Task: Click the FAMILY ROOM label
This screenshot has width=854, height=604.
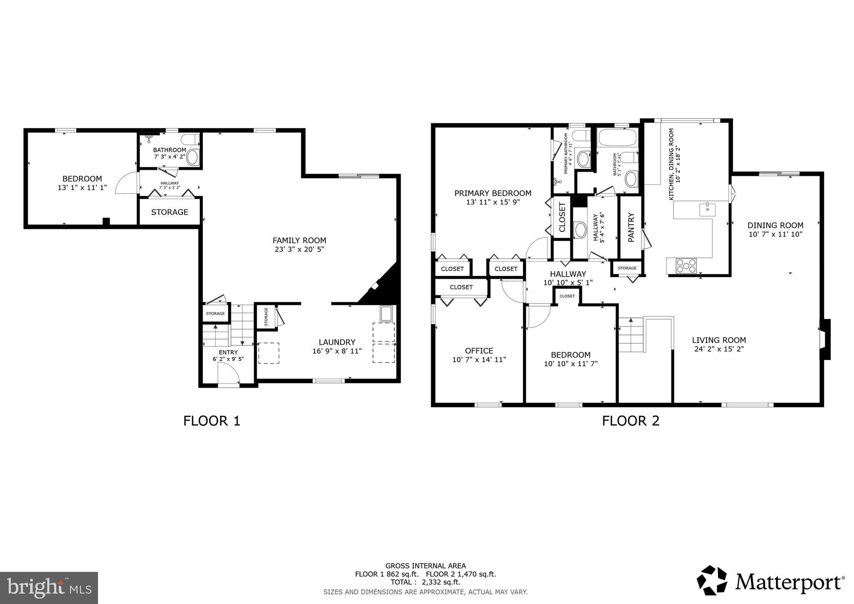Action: [299, 240]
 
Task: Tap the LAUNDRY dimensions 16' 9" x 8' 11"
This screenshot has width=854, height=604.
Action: [337, 351]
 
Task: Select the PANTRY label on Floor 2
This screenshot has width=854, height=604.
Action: [630, 227]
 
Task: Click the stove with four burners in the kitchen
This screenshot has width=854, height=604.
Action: [686, 266]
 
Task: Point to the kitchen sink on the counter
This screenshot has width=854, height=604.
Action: [707, 209]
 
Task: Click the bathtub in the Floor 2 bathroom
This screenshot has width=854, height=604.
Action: [617, 137]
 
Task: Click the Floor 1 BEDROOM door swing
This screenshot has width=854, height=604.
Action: [126, 184]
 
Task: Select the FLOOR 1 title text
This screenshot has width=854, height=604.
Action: [212, 421]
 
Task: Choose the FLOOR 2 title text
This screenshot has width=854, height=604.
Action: [630, 421]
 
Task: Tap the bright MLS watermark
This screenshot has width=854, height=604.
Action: [49, 588]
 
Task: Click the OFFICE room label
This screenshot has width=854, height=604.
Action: [479, 351]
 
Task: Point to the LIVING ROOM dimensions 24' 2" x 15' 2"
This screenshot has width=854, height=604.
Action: [719, 349]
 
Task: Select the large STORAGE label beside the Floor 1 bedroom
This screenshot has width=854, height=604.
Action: [169, 212]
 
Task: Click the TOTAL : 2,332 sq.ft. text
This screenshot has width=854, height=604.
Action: [425, 582]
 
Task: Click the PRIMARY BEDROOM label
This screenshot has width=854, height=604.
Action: [492, 193]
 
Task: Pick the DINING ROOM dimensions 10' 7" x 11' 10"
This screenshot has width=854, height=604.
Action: [775, 234]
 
